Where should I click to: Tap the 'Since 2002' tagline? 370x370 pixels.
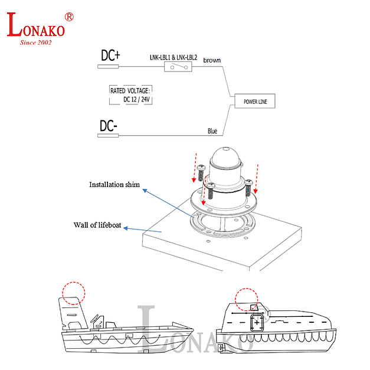coord(36,42)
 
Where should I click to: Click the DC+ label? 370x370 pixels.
coord(110,55)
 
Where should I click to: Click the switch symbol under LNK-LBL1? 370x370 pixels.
coord(178,68)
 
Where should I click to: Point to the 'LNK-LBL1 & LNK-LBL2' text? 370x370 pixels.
coord(173,58)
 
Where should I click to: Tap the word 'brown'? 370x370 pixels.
coord(212,60)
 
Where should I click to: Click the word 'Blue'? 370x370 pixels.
coord(212,130)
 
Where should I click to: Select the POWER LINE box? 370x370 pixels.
coord(255,101)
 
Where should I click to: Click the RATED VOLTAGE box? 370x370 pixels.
coord(130,95)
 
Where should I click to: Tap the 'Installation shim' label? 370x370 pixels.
coord(114,185)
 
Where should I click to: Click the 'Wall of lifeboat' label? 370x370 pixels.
coord(97,225)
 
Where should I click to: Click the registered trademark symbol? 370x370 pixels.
coord(69,17)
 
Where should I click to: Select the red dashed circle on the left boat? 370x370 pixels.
coord(74,293)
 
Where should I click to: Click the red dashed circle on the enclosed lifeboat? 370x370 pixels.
coord(247,300)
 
